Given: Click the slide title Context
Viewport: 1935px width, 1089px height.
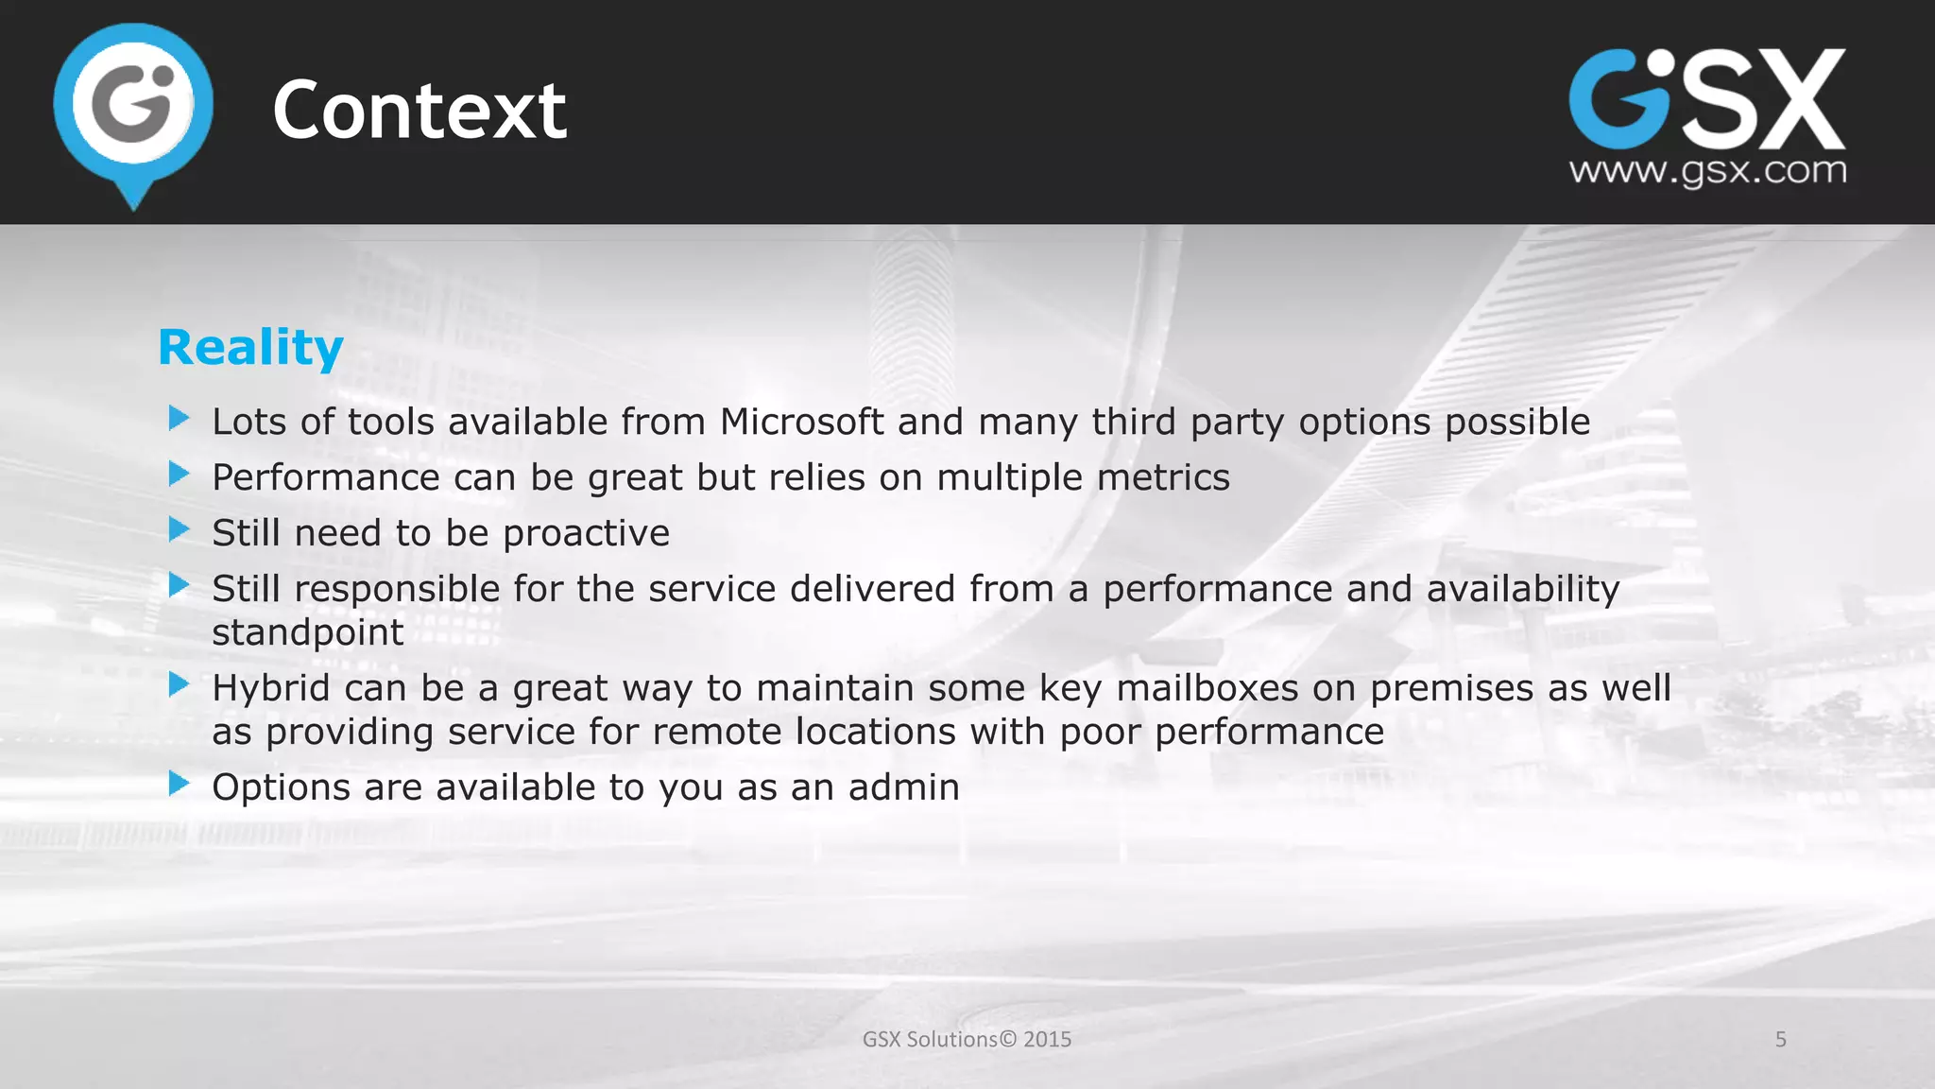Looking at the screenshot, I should (420, 111).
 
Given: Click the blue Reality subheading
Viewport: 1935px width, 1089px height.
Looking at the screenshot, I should (250, 348).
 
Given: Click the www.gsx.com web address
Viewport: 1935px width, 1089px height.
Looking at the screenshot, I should (1707, 171).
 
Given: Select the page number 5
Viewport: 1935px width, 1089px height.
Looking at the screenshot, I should (1780, 1039).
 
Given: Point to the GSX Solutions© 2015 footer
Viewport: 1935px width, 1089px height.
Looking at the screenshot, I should (967, 1039).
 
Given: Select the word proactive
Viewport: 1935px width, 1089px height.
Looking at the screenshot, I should (586, 533).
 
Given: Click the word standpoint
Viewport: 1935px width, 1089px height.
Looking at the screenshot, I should (308, 632).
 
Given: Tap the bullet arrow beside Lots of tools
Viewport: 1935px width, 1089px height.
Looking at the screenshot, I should (179, 418).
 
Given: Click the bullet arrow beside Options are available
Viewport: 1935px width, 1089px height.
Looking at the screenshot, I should (179, 784).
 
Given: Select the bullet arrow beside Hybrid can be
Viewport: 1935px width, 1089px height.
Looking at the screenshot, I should (179, 684).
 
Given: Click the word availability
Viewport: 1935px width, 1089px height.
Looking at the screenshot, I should (1523, 589).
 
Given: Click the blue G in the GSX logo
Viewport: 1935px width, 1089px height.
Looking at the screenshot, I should (1617, 100).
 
